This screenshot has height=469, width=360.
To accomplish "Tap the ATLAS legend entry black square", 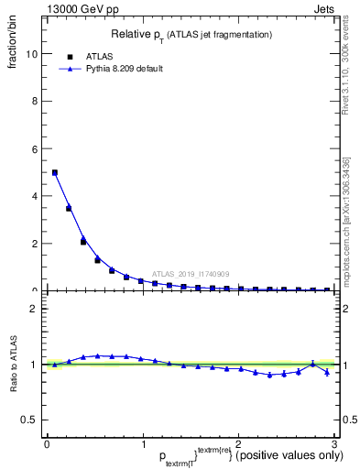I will (70, 57).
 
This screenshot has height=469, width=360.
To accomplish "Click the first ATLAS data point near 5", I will (55, 172).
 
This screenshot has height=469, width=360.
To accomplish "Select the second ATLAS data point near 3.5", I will (69, 208).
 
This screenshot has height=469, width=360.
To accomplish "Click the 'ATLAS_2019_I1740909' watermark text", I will (191, 274).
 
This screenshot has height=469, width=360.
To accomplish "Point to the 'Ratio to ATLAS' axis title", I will (14, 364).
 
